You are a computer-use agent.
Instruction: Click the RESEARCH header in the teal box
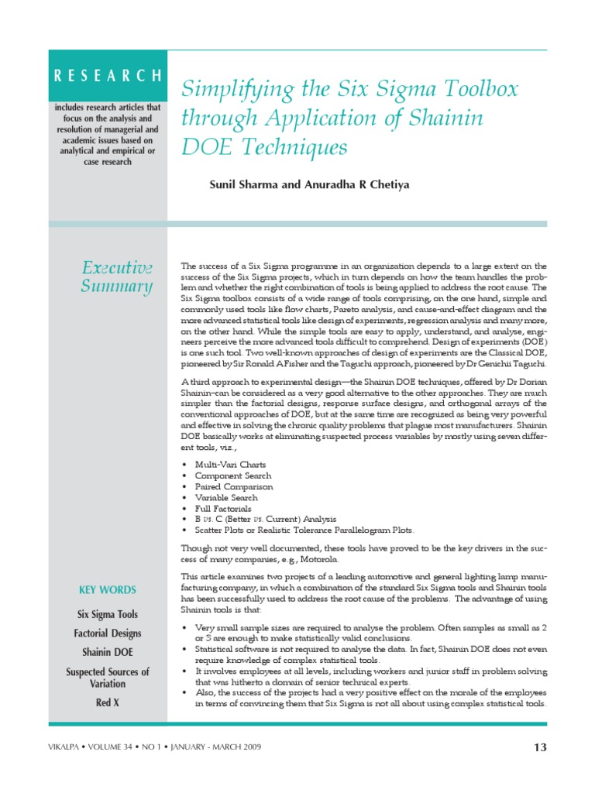point(108,76)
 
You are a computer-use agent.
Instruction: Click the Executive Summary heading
point(117,277)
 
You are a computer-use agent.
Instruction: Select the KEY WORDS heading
point(108,590)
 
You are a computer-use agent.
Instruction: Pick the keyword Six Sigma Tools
point(108,614)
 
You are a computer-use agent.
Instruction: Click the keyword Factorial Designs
point(108,633)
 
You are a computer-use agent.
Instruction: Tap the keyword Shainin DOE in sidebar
point(108,653)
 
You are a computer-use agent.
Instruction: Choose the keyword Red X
point(108,703)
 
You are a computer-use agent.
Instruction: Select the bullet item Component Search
point(233,475)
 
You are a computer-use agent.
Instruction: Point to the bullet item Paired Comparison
point(234,486)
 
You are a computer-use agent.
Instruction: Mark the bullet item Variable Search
point(226,497)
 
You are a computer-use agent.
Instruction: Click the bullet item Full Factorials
point(223,508)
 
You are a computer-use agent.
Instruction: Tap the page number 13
point(540,747)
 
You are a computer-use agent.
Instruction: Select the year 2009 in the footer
point(248,747)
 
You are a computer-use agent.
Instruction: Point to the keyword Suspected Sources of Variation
point(108,678)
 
